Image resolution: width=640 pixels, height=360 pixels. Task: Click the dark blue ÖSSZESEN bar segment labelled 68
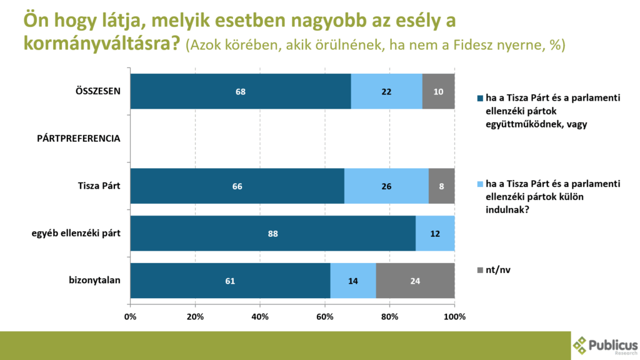(x=241, y=91)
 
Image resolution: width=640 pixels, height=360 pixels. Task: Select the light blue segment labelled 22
(x=386, y=91)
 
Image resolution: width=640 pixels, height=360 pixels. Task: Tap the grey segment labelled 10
(x=438, y=91)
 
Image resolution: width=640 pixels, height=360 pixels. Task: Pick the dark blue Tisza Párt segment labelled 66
(x=237, y=186)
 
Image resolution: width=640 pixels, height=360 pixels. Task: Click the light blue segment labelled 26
(x=386, y=186)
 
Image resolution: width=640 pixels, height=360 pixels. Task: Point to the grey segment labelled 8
(x=441, y=186)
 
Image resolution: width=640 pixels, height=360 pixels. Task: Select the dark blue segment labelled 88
(x=272, y=234)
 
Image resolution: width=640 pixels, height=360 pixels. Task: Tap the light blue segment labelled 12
(x=435, y=234)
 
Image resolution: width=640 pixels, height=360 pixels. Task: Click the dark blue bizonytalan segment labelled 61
(x=230, y=281)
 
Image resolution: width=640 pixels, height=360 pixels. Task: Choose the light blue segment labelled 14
(x=353, y=281)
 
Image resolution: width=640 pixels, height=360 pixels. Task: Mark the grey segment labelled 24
(x=415, y=281)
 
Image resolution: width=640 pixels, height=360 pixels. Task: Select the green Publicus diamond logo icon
(x=581, y=346)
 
